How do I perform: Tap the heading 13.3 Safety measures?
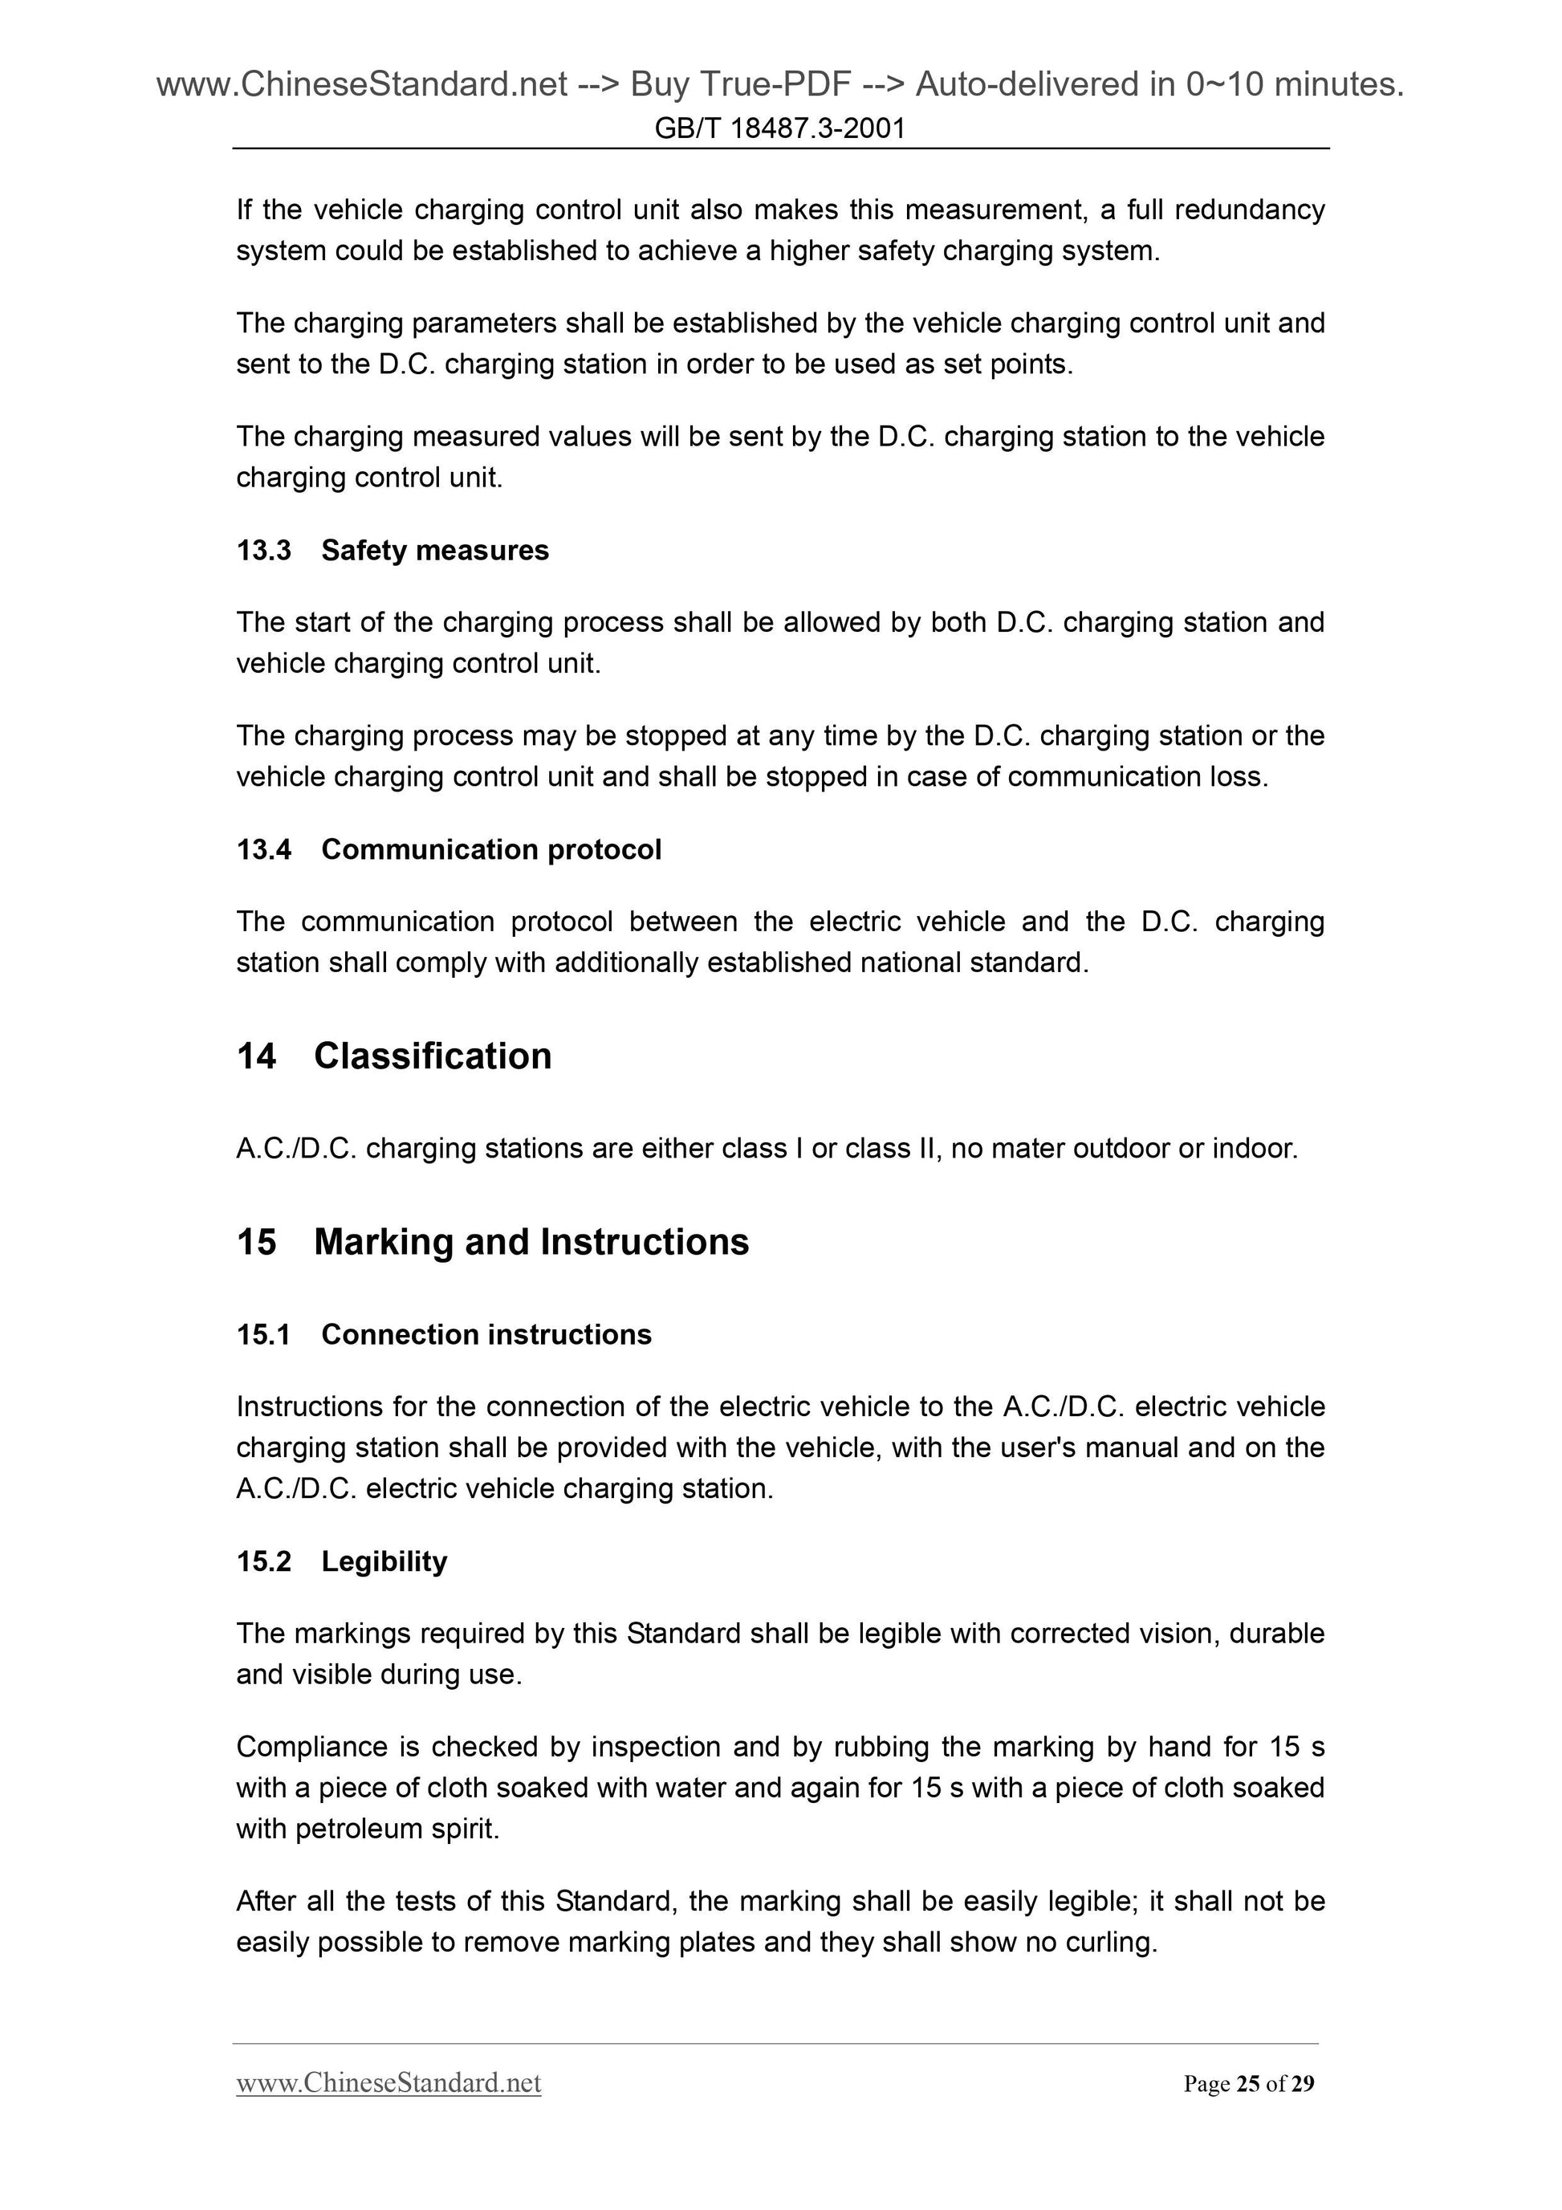point(393,550)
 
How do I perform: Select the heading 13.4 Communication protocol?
point(449,849)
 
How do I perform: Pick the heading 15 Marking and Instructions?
point(492,1242)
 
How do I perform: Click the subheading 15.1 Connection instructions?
point(444,1334)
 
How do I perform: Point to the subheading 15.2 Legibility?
point(342,1561)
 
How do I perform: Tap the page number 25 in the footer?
point(1248,2084)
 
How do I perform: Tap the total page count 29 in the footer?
point(1302,2084)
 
